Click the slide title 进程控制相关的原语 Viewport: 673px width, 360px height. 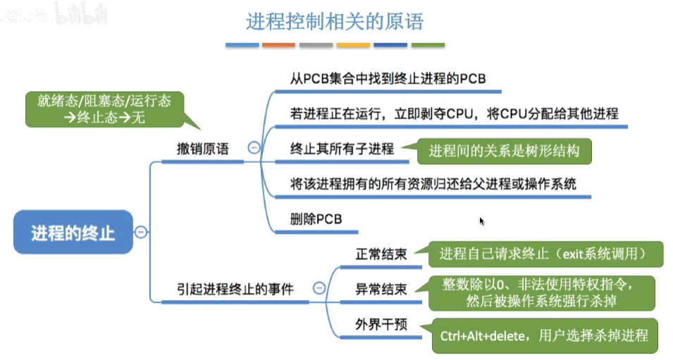pyautogui.click(x=335, y=22)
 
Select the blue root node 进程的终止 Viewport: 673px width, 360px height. pyautogui.click(x=73, y=232)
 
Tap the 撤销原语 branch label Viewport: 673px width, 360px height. pyautogui.click(x=202, y=149)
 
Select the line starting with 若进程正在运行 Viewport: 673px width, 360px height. pyautogui.click(x=454, y=113)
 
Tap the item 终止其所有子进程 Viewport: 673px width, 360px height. pyautogui.click(x=342, y=149)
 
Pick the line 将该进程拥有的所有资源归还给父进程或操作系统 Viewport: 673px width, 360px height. pyautogui.click(x=433, y=184)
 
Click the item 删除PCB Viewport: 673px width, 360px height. pyautogui.click(x=316, y=218)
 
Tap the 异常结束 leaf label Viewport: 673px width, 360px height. pyautogui.click(x=381, y=289)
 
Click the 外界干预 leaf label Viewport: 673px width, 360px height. pyautogui.click(x=381, y=325)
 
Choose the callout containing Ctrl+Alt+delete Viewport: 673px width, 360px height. pyautogui.click(x=544, y=335)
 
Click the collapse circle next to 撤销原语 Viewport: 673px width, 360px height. pyautogui.click(x=254, y=148)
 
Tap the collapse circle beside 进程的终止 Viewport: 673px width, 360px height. pyautogui.click(x=141, y=232)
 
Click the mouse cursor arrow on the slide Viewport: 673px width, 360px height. pyautogui.click(x=482, y=221)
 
